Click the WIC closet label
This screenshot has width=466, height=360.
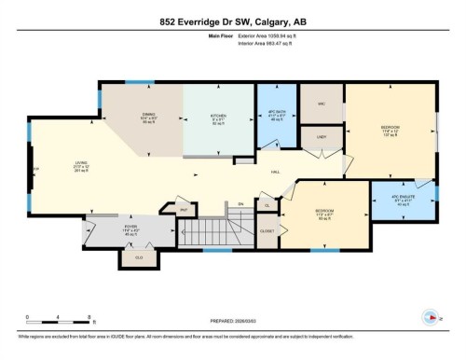[322, 104]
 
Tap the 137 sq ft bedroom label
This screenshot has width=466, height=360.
[390, 127]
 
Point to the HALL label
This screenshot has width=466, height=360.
[276, 173]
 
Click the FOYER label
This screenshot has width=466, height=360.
[130, 226]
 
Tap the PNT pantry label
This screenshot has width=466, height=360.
[184, 210]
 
